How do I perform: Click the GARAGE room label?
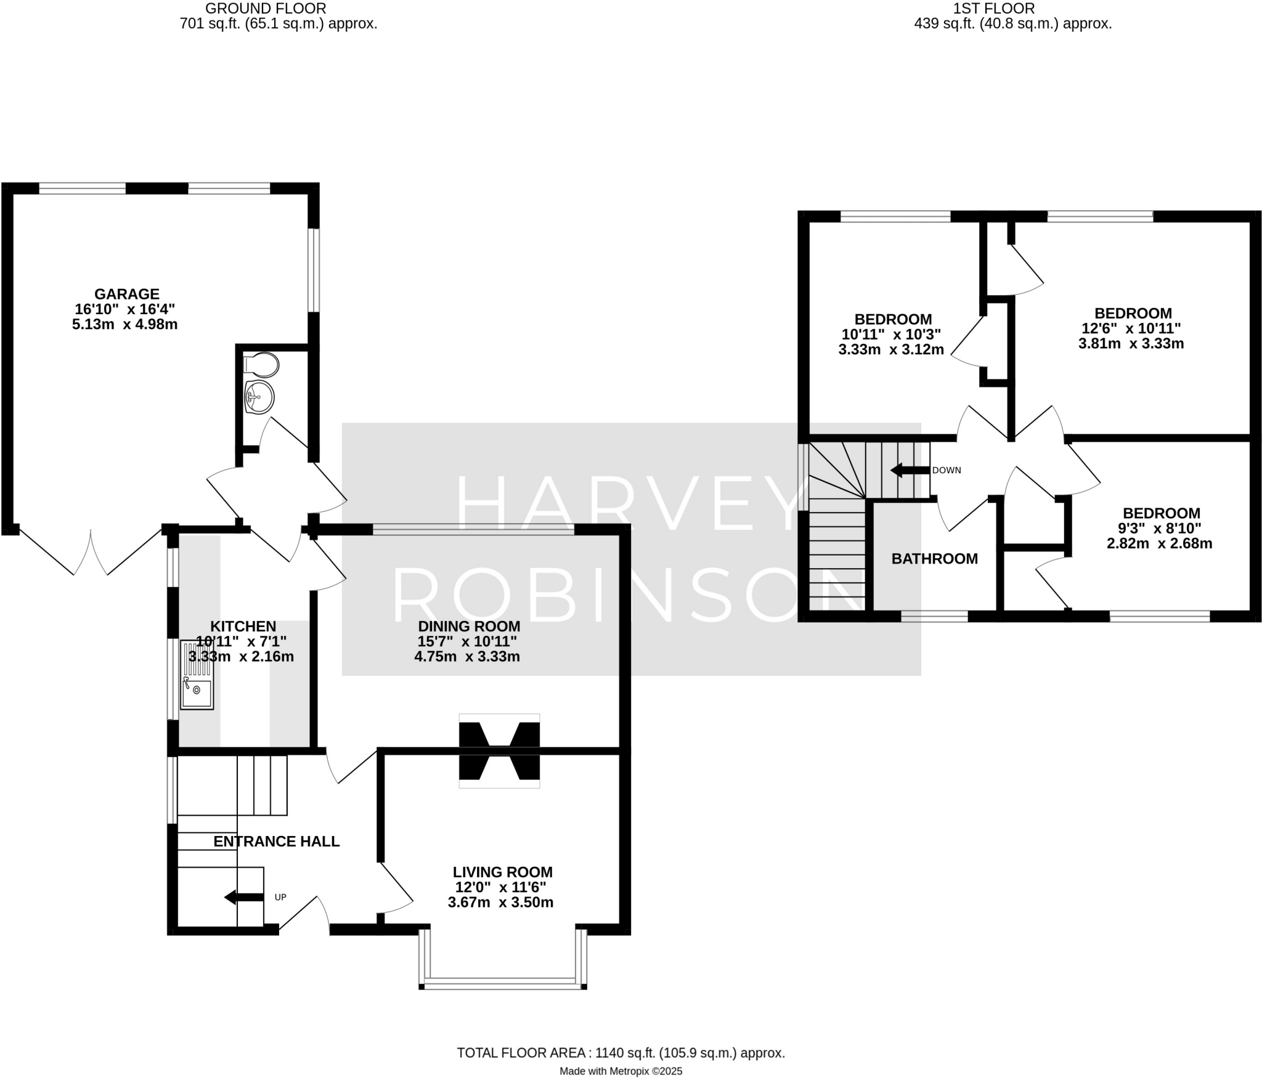point(126,294)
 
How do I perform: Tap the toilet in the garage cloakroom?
point(261,365)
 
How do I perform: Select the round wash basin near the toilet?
point(259,396)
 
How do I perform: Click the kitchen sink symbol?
point(197,675)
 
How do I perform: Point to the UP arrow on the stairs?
point(244,897)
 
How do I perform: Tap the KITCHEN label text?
point(243,627)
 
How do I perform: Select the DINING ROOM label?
point(468,627)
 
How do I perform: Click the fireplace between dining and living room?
point(499,750)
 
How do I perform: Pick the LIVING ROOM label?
point(502,872)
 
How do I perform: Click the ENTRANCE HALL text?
point(276,842)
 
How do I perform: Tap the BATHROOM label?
point(934,559)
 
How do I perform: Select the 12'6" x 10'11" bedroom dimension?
point(1131,328)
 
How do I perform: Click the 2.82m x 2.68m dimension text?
point(1159,543)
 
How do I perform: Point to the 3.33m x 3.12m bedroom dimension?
point(890,350)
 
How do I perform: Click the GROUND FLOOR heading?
point(266,9)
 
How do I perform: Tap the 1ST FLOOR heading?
point(993,9)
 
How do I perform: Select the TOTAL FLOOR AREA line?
point(621,1053)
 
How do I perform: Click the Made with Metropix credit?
point(621,1071)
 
